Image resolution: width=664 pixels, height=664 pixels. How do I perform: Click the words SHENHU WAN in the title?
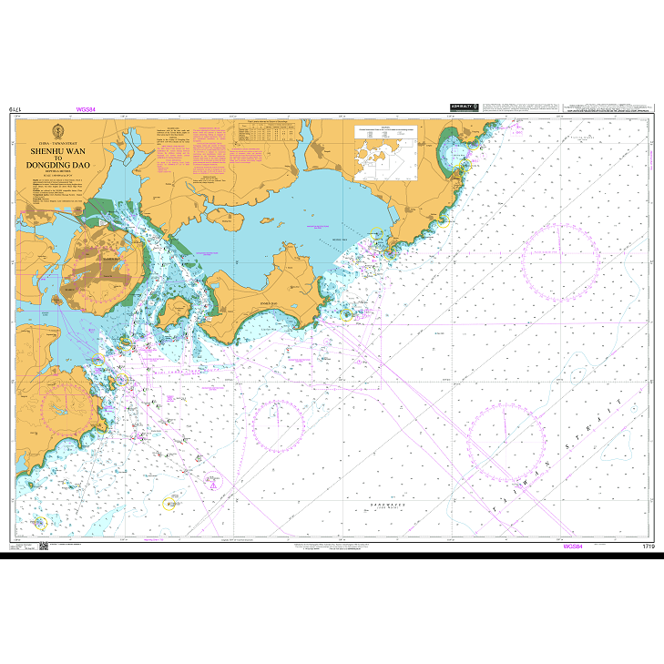coord(64,152)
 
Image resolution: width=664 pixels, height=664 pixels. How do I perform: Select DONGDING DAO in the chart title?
coord(64,166)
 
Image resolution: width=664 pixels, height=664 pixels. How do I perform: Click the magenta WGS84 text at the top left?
coord(86,109)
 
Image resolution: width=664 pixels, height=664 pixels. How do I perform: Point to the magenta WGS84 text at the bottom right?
coord(573,547)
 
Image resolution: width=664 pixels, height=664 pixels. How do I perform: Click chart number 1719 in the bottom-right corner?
coord(648,547)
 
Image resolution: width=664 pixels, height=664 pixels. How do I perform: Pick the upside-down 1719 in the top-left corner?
coord(15,109)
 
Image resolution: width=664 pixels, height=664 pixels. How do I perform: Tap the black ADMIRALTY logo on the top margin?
coord(464,107)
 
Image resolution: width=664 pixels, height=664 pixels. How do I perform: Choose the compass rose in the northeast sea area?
coord(561,261)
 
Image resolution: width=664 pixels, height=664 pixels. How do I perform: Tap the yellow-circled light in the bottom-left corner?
coord(38,523)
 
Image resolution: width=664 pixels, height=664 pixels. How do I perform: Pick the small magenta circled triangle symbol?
coord(211,486)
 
